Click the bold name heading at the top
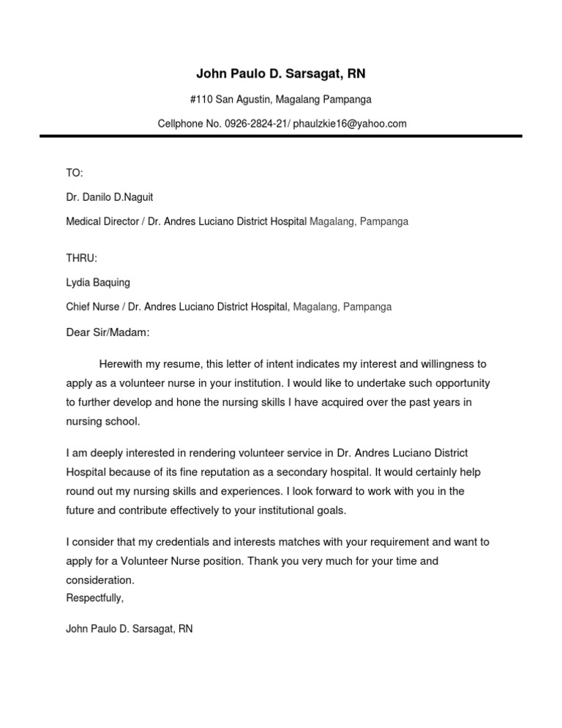(x=281, y=74)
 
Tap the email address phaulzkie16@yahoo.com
(x=350, y=124)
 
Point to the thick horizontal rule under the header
(x=281, y=135)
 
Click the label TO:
(x=75, y=173)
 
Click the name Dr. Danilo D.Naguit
(x=110, y=197)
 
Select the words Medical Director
(x=102, y=221)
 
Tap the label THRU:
(x=81, y=258)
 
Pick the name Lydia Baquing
(x=98, y=282)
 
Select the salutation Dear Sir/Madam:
(x=108, y=333)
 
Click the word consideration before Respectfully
(x=100, y=580)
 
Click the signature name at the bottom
(x=130, y=628)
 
